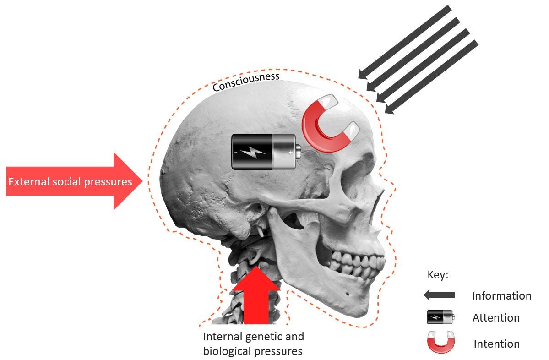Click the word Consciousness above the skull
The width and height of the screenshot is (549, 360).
tap(246, 81)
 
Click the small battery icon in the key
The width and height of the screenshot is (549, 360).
tap(440, 317)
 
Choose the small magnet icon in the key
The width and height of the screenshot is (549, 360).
tap(440, 342)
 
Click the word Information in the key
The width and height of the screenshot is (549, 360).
tap(501, 296)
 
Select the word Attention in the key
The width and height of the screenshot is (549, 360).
tap(496, 318)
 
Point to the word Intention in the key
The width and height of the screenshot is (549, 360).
tap(496, 344)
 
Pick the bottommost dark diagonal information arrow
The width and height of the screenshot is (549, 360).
tap(431, 76)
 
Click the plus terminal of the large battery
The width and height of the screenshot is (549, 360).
tap(290, 152)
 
